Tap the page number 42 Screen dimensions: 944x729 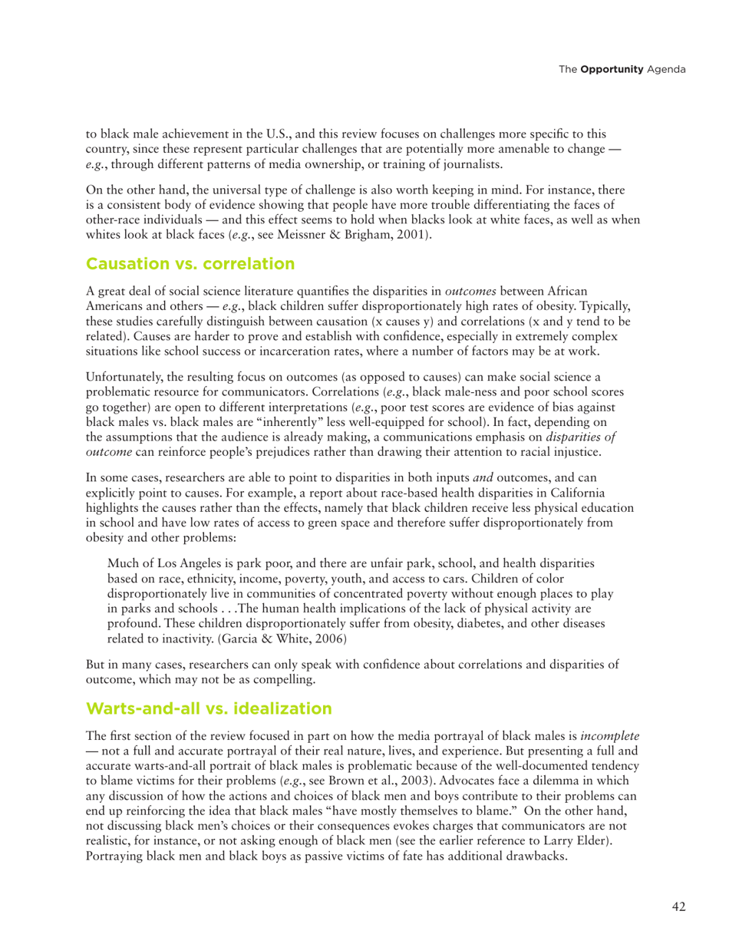[678, 907]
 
